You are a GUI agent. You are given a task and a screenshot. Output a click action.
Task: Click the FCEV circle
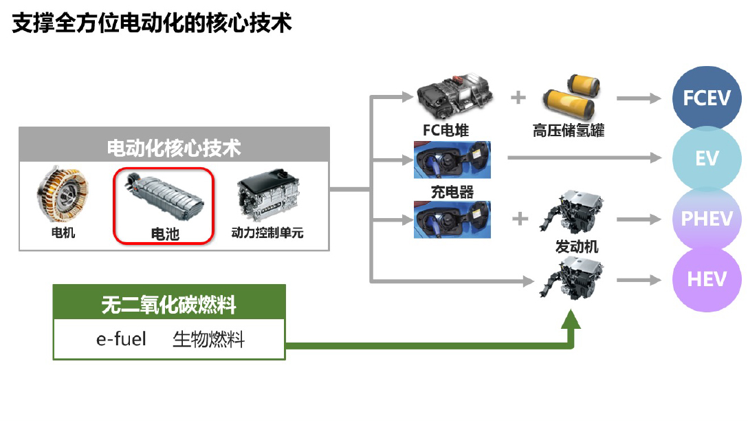pyautogui.click(x=706, y=98)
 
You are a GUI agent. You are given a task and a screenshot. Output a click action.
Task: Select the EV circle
pyautogui.click(x=706, y=159)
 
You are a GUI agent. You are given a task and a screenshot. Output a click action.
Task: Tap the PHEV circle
pyautogui.click(x=706, y=219)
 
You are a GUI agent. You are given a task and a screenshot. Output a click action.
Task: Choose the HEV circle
pyautogui.click(x=706, y=279)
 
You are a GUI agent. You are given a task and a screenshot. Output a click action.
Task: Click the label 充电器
pyautogui.click(x=452, y=191)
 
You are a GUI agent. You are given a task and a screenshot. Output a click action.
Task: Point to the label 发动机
pyautogui.click(x=576, y=246)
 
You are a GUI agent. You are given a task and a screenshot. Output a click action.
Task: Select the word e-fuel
pyautogui.click(x=121, y=339)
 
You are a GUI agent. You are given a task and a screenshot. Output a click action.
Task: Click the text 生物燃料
pyautogui.click(x=208, y=339)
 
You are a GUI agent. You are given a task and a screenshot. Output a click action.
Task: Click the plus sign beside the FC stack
pyautogui.click(x=518, y=97)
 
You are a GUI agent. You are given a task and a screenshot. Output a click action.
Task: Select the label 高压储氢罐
pyautogui.click(x=569, y=130)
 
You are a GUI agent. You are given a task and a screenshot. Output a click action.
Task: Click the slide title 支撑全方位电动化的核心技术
pyautogui.click(x=152, y=23)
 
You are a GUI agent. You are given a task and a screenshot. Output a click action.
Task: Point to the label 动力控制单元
pyautogui.click(x=267, y=233)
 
